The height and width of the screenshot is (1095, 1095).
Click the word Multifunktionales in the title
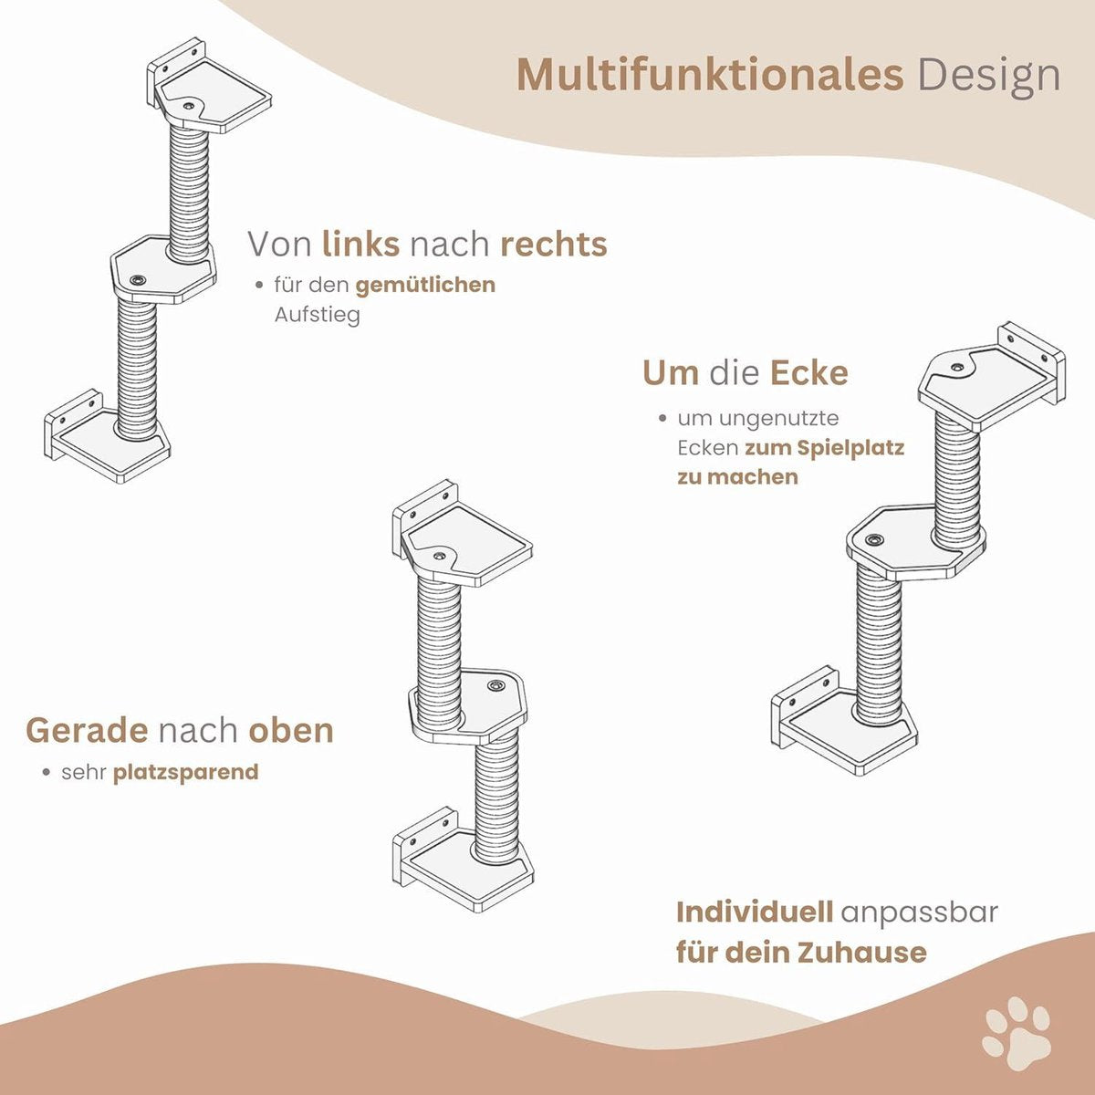coord(710,74)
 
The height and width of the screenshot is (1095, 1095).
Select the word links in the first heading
coord(360,244)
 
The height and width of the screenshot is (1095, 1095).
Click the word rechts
coord(554,245)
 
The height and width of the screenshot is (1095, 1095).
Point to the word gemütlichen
coord(425,286)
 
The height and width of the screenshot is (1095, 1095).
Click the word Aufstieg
coord(317,314)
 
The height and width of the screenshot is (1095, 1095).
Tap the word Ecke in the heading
coord(809,373)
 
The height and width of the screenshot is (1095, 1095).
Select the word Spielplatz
coord(850,448)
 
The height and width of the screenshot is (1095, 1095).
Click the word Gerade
coord(87,731)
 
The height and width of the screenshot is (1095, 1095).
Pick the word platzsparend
coord(186,772)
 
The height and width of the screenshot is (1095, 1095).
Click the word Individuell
coord(755,912)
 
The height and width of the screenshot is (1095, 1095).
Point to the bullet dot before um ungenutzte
coord(662,419)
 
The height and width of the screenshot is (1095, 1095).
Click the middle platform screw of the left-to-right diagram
coord(137,279)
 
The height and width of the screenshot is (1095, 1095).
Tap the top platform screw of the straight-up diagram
coord(438,555)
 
